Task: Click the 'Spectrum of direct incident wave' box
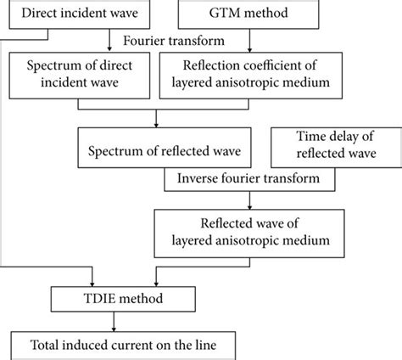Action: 83,73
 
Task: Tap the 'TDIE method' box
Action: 111,298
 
